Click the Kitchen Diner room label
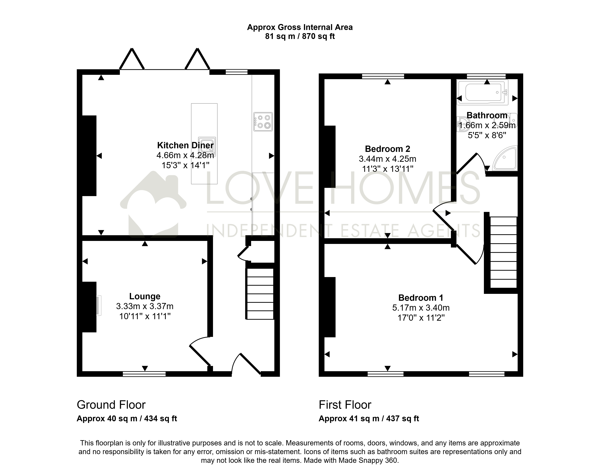(x=185, y=145)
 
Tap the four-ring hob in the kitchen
(x=263, y=122)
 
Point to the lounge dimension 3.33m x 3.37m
(x=145, y=306)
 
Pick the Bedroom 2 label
(x=388, y=149)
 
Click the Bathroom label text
(x=487, y=115)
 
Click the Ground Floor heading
(x=111, y=405)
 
